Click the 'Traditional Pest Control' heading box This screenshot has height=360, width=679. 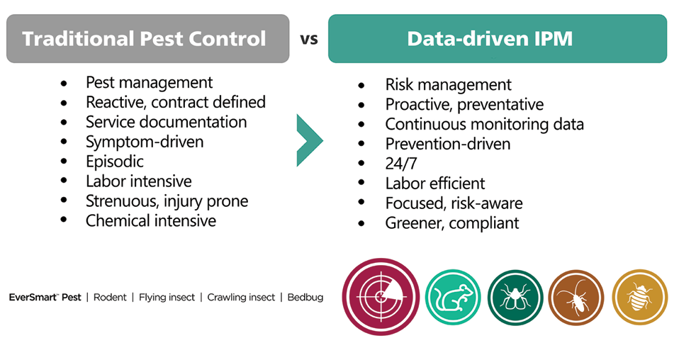tap(147, 38)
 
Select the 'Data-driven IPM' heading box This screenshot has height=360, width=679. tap(498, 38)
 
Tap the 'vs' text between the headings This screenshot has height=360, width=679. tap(309, 39)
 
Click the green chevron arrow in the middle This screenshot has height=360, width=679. tap(309, 140)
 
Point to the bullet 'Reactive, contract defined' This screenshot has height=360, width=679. tap(175, 102)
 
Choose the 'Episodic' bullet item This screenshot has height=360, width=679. tap(114, 162)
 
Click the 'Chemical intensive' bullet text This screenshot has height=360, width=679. tap(151, 221)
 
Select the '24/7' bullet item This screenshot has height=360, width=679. tap(401, 164)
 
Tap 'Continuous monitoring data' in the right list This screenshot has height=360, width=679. tap(485, 124)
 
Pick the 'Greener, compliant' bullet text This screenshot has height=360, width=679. tap(452, 223)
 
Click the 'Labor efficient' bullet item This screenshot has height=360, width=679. tap(434, 184)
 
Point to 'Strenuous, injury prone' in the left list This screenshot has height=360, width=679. tap(167, 201)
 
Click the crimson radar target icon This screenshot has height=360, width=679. tap(381, 297)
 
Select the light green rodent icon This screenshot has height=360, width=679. tap(453, 297)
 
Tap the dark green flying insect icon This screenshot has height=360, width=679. tap(515, 297)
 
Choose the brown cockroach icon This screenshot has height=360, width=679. tap(576, 297)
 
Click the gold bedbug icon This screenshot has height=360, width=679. tap(639, 297)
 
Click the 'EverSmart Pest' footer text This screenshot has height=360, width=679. tap(45, 298)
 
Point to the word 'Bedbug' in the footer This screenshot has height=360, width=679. tap(305, 298)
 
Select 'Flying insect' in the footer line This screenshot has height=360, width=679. tap(167, 298)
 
